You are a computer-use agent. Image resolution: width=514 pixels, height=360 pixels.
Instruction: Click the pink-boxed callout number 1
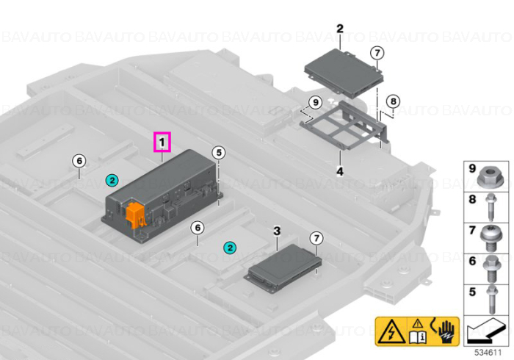pos(162,142)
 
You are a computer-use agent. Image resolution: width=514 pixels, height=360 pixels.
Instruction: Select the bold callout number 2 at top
pos(340,29)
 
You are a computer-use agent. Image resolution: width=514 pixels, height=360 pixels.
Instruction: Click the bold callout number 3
pos(277,231)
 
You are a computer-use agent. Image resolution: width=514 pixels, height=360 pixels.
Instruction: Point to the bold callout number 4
pos(340,171)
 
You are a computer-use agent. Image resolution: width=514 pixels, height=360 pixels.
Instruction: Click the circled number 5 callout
pos(219,153)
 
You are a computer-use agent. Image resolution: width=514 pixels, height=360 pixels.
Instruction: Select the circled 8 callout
pos(393,101)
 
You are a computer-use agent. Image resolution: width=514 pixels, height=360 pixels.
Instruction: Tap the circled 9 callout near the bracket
pos(315,103)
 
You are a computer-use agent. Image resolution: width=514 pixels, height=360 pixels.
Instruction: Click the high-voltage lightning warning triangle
pos(391,331)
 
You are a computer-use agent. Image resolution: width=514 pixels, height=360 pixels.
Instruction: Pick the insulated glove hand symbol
pos(446,332)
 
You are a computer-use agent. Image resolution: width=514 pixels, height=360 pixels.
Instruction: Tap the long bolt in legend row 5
pos(492,299)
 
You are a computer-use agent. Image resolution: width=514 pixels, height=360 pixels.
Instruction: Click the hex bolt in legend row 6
pos(491,268)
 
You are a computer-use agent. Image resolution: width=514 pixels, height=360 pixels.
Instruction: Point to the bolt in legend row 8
pos(492,207)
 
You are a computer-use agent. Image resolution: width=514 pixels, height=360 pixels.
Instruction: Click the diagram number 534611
pos(488,353)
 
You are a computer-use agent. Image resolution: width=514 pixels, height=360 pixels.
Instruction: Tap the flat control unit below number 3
pos(283,269)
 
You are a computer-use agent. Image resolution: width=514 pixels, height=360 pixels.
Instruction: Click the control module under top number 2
pos(344,73)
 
